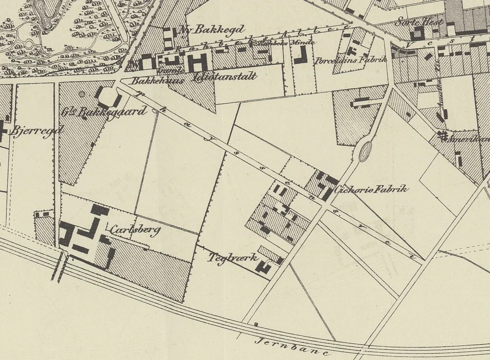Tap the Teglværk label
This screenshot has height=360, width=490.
point(233,257)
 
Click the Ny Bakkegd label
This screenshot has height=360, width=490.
point(212,29)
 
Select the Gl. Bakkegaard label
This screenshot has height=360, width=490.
point(104,112)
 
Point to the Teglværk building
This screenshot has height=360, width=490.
point(266,267)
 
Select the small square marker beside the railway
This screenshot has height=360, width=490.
point(255,324)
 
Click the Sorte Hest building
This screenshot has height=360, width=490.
point(419,33)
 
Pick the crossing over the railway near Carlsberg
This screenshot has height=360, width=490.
point(58,267)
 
